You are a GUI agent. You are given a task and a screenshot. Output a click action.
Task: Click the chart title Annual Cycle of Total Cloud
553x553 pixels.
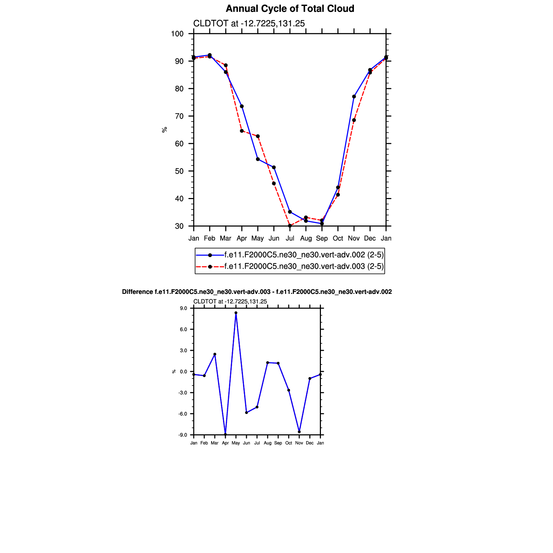click(290, 9)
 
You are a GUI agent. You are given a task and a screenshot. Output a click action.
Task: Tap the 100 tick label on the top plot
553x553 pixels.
click(177, 34)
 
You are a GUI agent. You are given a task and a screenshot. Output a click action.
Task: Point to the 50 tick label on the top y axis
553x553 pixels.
click(179, 171)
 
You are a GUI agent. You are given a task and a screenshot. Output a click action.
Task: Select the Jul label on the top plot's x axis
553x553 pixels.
click(290, 238)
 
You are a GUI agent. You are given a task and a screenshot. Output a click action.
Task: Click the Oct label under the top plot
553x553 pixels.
click(338, 238)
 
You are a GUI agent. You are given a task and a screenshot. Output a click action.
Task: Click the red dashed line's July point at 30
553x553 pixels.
click(290, 226)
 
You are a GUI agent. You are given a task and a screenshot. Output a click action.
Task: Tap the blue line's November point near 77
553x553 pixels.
click(354, 97)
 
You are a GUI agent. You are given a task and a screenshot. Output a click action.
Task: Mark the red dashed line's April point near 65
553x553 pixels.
click(242, 131)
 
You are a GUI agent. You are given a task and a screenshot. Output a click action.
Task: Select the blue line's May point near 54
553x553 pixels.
click(258, 159)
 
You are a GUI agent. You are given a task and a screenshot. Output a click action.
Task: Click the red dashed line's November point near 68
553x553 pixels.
click(354, 120)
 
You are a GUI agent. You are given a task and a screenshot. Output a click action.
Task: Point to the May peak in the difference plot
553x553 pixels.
click(236, 313)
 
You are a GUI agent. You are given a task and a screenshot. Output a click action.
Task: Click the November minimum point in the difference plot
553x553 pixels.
click(299, 432)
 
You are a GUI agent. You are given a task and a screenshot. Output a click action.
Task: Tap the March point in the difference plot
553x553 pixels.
click(215, 354)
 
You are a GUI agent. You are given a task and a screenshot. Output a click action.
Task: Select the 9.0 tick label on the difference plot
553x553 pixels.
click(184, 309)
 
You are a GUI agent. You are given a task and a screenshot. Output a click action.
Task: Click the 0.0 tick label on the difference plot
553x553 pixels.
click(184, 372)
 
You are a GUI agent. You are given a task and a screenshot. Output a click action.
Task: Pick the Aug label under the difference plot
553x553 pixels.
click(268, 443)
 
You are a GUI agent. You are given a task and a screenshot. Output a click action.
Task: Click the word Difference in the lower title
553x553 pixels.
click(137, 292)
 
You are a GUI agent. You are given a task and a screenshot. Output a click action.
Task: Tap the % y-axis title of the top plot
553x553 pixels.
click(164, 130)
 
